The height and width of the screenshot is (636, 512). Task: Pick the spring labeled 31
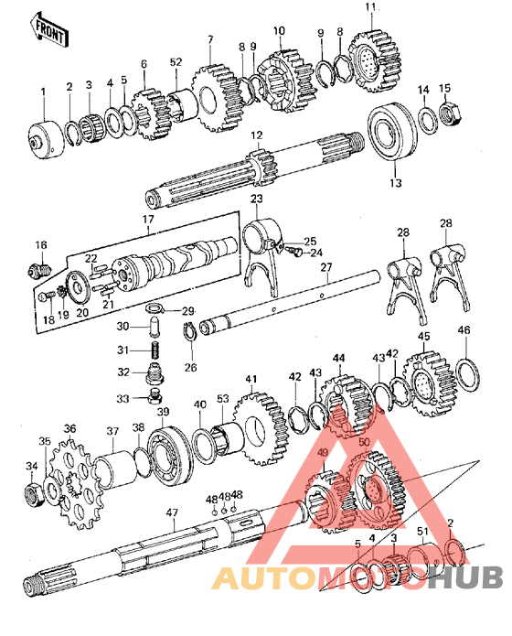155,350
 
